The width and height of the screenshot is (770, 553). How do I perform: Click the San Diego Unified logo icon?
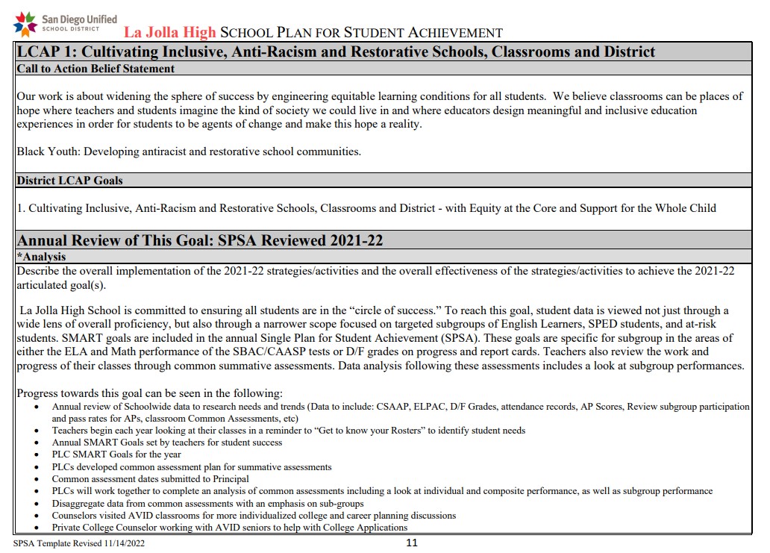[x=25, y=22]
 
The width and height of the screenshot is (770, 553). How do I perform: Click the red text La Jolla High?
[x=169, y=33]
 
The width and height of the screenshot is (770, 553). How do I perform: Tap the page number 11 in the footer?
[x=411, y=543]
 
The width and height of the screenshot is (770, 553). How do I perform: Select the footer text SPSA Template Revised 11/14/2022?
[x=79, y=544]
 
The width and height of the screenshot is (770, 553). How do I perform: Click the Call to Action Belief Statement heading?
[x=96, y=69]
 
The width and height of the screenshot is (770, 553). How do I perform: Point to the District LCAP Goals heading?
[x=70, y=181]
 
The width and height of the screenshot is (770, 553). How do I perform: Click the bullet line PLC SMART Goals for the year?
[x=116, y=454]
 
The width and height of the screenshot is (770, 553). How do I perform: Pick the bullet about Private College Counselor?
[x=229, y=528]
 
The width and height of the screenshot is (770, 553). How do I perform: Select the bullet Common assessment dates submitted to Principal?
[x=150, y=479]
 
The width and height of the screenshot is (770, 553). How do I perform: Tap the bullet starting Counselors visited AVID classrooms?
[x=254, y=516]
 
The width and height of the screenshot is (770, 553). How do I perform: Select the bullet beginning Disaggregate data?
[x=207, y=503]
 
